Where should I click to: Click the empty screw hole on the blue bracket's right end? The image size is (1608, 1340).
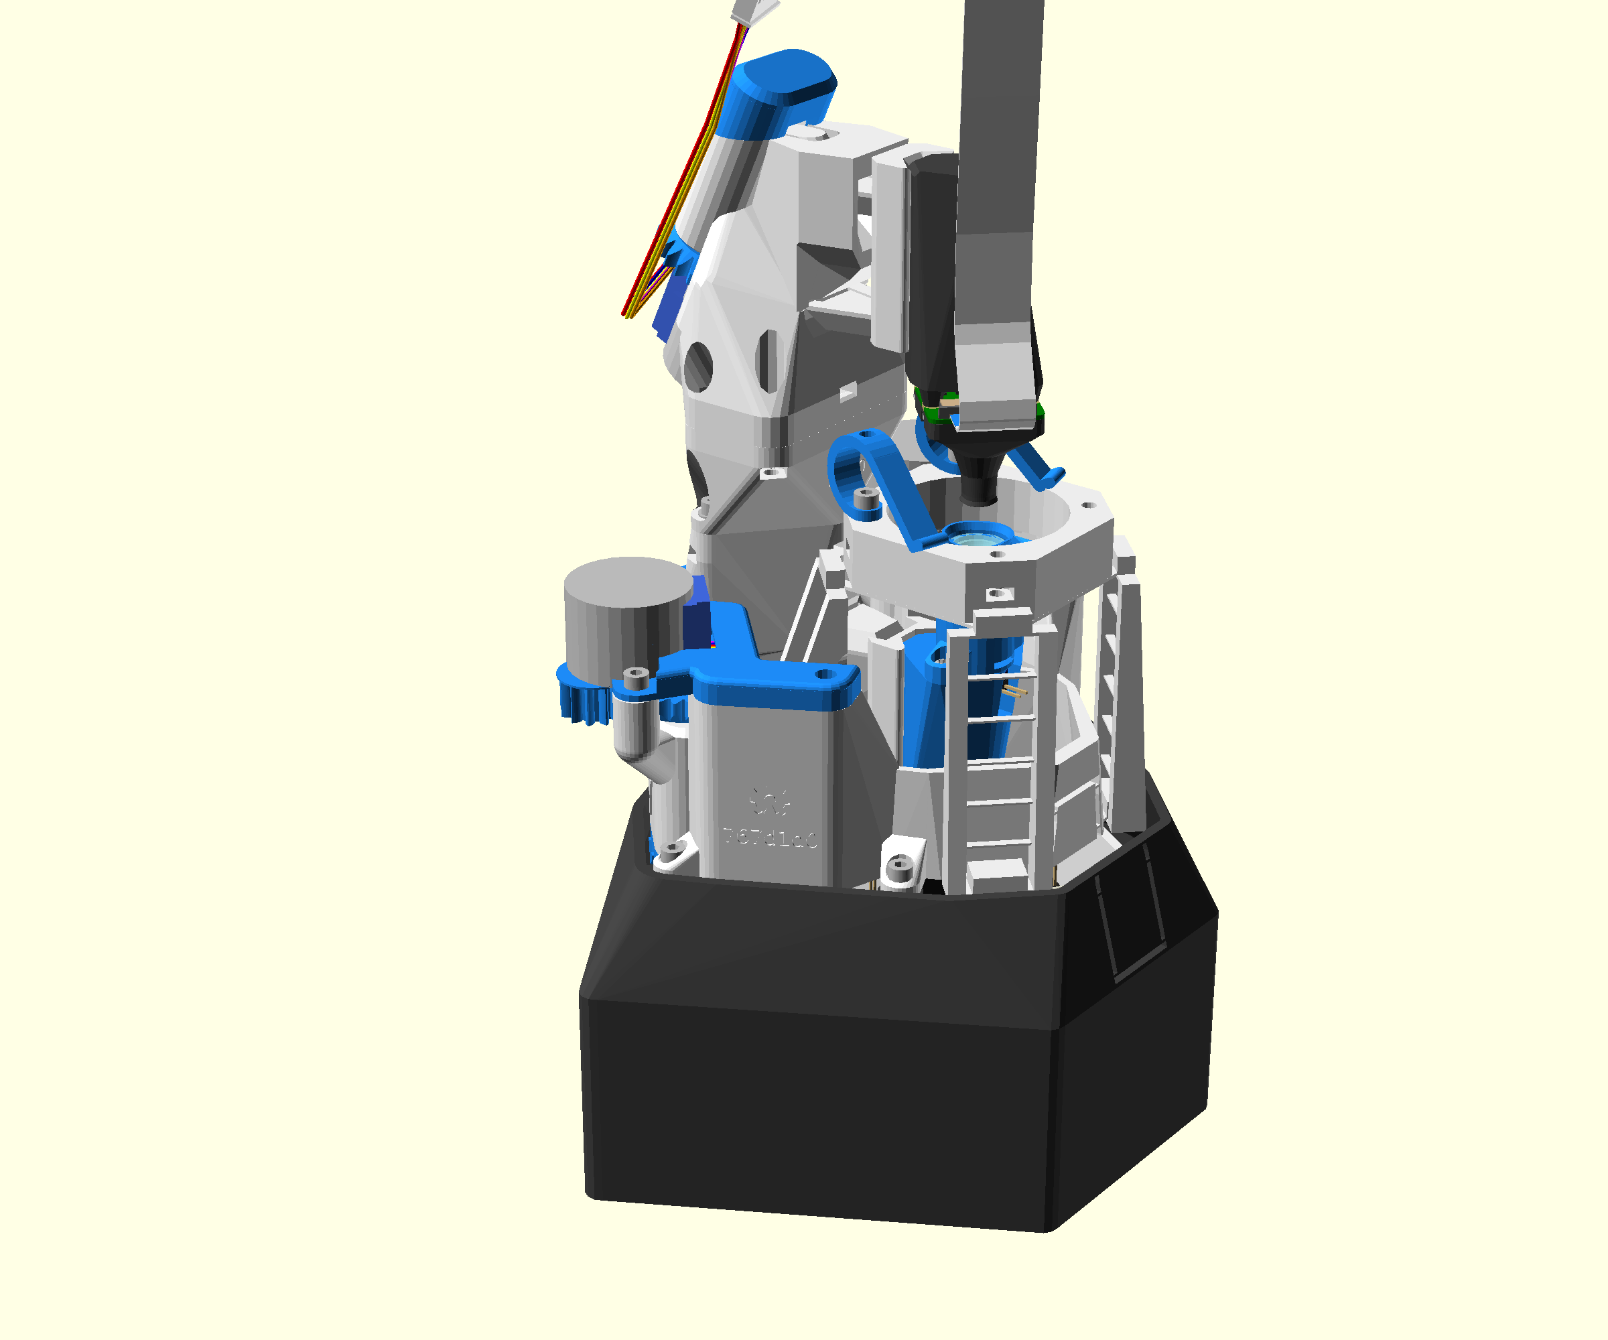pyautogui.click(x=825, y=675)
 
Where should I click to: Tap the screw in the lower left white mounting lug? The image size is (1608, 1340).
pyautogui.click(x=672, y=849)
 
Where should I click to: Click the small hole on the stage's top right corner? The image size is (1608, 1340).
pyautogui.click(x=1087, y=505)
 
